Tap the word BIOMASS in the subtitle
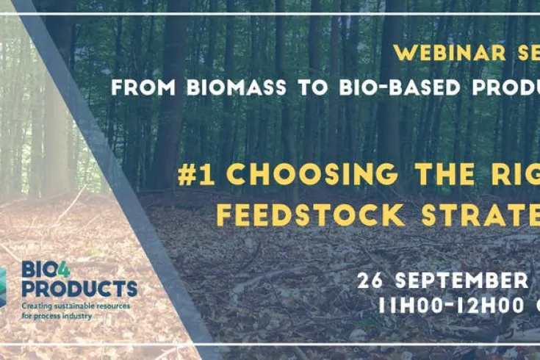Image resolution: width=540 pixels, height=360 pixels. [209, 87]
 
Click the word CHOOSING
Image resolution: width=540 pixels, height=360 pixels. [308, 176]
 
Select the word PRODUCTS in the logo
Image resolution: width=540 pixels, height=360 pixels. [79, 288]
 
